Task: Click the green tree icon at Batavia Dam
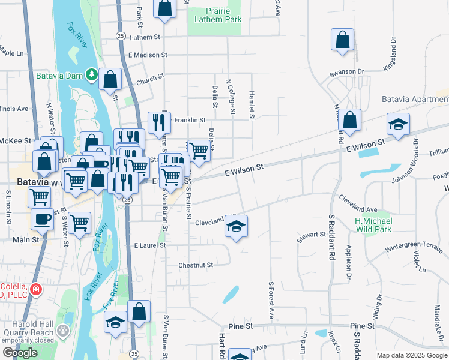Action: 91,75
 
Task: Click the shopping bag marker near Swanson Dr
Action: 342,41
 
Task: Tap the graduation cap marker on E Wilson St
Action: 398,125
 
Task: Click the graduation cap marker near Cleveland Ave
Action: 237,227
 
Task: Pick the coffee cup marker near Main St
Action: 42,220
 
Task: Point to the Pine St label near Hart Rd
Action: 240,326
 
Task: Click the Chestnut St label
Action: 196,265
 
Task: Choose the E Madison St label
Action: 148,55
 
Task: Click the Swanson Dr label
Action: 346,72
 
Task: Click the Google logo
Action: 20,353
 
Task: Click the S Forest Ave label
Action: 271,300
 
